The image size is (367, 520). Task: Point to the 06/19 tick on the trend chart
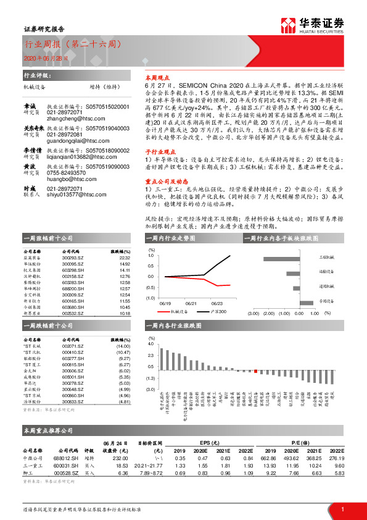coord(165,304)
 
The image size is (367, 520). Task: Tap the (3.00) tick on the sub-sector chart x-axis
coord(253,314)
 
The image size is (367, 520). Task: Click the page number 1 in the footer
coord(341,508)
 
